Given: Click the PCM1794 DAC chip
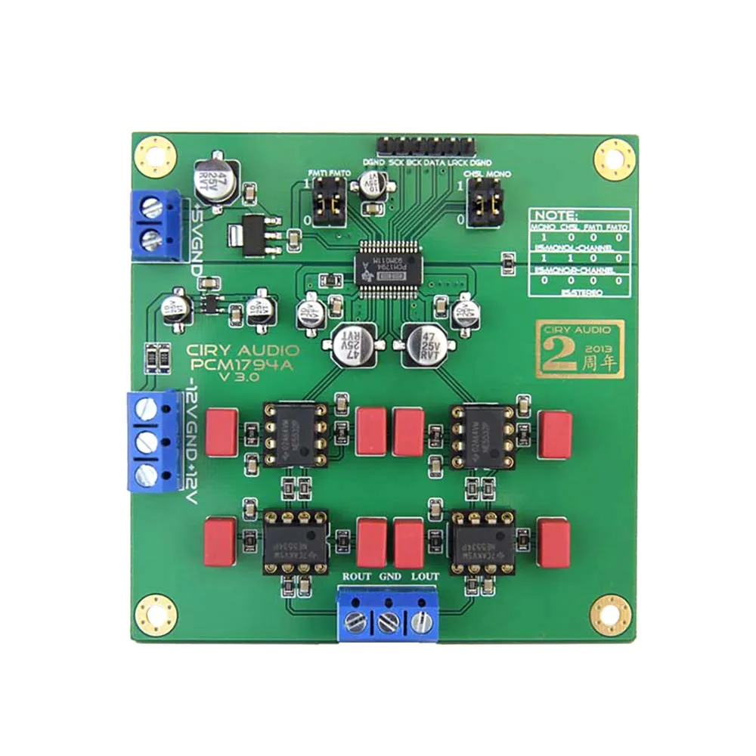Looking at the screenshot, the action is click(x=386, y=265).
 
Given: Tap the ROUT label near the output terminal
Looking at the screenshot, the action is click(x=357, y=575).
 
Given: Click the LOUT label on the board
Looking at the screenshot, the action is click(x=423, y=575).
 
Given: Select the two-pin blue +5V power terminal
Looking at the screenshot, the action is click(x=156, y=223).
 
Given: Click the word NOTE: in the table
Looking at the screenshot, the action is click(x=555, y=215).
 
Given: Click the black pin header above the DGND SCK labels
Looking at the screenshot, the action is click(x=427, y=143).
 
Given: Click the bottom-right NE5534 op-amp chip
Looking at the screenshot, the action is click(x=481, y=541).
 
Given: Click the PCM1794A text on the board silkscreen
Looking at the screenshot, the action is click(x=241, y=364).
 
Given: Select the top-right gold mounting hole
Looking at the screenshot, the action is click(x=614, y=159).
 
